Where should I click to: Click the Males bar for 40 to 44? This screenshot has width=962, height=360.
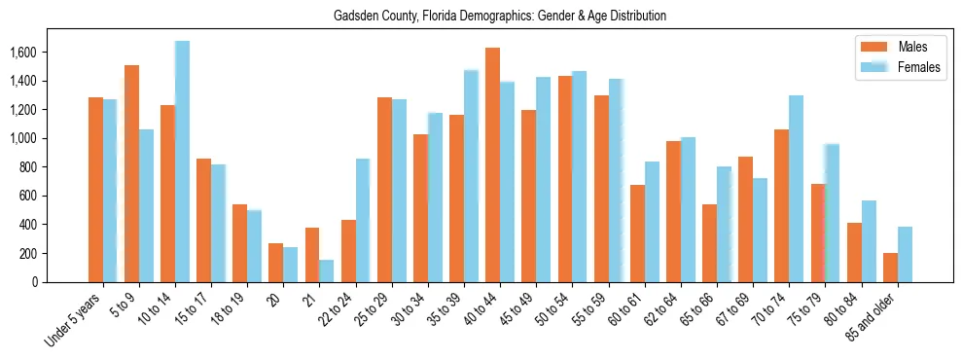pos(492,165)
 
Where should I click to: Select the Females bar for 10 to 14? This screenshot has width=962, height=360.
pos(182,162)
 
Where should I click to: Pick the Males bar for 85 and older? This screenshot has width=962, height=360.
pos(890,268)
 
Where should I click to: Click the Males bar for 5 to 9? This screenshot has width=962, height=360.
pos(131,173)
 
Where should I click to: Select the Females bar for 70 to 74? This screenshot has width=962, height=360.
pos(796,189)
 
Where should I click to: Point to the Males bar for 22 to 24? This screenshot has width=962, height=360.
pos(348,251)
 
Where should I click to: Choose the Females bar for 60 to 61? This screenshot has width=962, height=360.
pos(652,222)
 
